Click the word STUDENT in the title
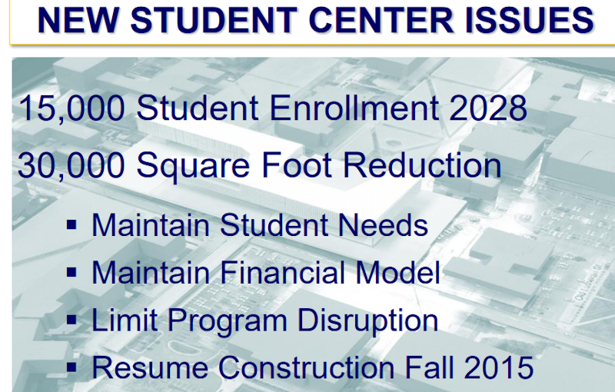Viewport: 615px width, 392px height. (x=214, y=20)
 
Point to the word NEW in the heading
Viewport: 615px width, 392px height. (x=78, y=20)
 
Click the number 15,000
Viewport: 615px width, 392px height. (x=71, y=108)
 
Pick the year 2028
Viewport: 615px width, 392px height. (x=488, y=108)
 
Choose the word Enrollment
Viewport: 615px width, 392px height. (x=354, y=108)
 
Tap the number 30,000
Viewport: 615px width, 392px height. (x=71, y=166)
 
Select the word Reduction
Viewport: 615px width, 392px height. (x=422, y=165)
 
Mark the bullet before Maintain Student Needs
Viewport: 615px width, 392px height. (x=71, y=225)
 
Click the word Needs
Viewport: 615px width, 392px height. (x=383, y=225)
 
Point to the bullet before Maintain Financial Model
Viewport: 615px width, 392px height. (x=71, y=272)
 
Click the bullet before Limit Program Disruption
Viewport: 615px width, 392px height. (x=71, y=320)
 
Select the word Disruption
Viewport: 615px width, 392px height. (x=367, y=321)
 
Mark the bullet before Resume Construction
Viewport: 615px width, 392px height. (x=71, y=367)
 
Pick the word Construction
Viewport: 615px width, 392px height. (x=306, y=367)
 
